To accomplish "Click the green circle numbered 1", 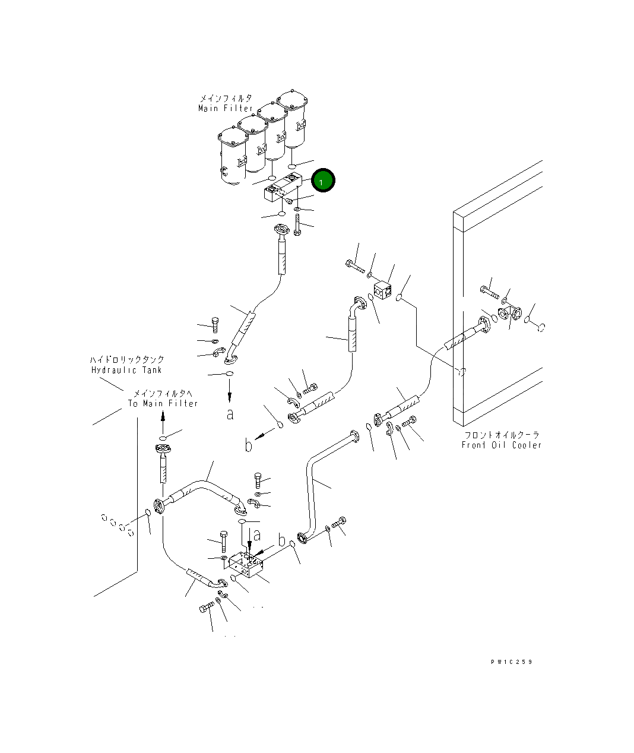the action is tap(322, 181).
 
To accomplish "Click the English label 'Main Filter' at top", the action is tap(225, 108).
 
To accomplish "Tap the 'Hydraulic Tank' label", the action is tap(126, 370).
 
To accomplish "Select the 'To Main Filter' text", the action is tap(163, 403).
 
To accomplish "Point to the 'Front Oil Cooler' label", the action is tap(502, 445).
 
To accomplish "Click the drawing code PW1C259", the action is tap(512, 662).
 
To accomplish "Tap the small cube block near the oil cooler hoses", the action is tap(382, 290).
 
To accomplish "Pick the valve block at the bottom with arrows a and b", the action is tap(245, 565).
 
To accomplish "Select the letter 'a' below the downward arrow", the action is tap(230, 415).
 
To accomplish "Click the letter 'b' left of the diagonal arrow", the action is tap(248, 446).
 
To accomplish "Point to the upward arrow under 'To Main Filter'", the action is tap(163, 424).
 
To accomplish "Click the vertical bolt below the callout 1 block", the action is tap(297, 224).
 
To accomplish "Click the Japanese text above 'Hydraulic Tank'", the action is tap(127, 359).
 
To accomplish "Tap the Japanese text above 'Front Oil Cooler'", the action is tap(502, 435).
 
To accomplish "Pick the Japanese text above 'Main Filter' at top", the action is tap(226, 98).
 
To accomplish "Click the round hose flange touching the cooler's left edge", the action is tap(484, 325).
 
